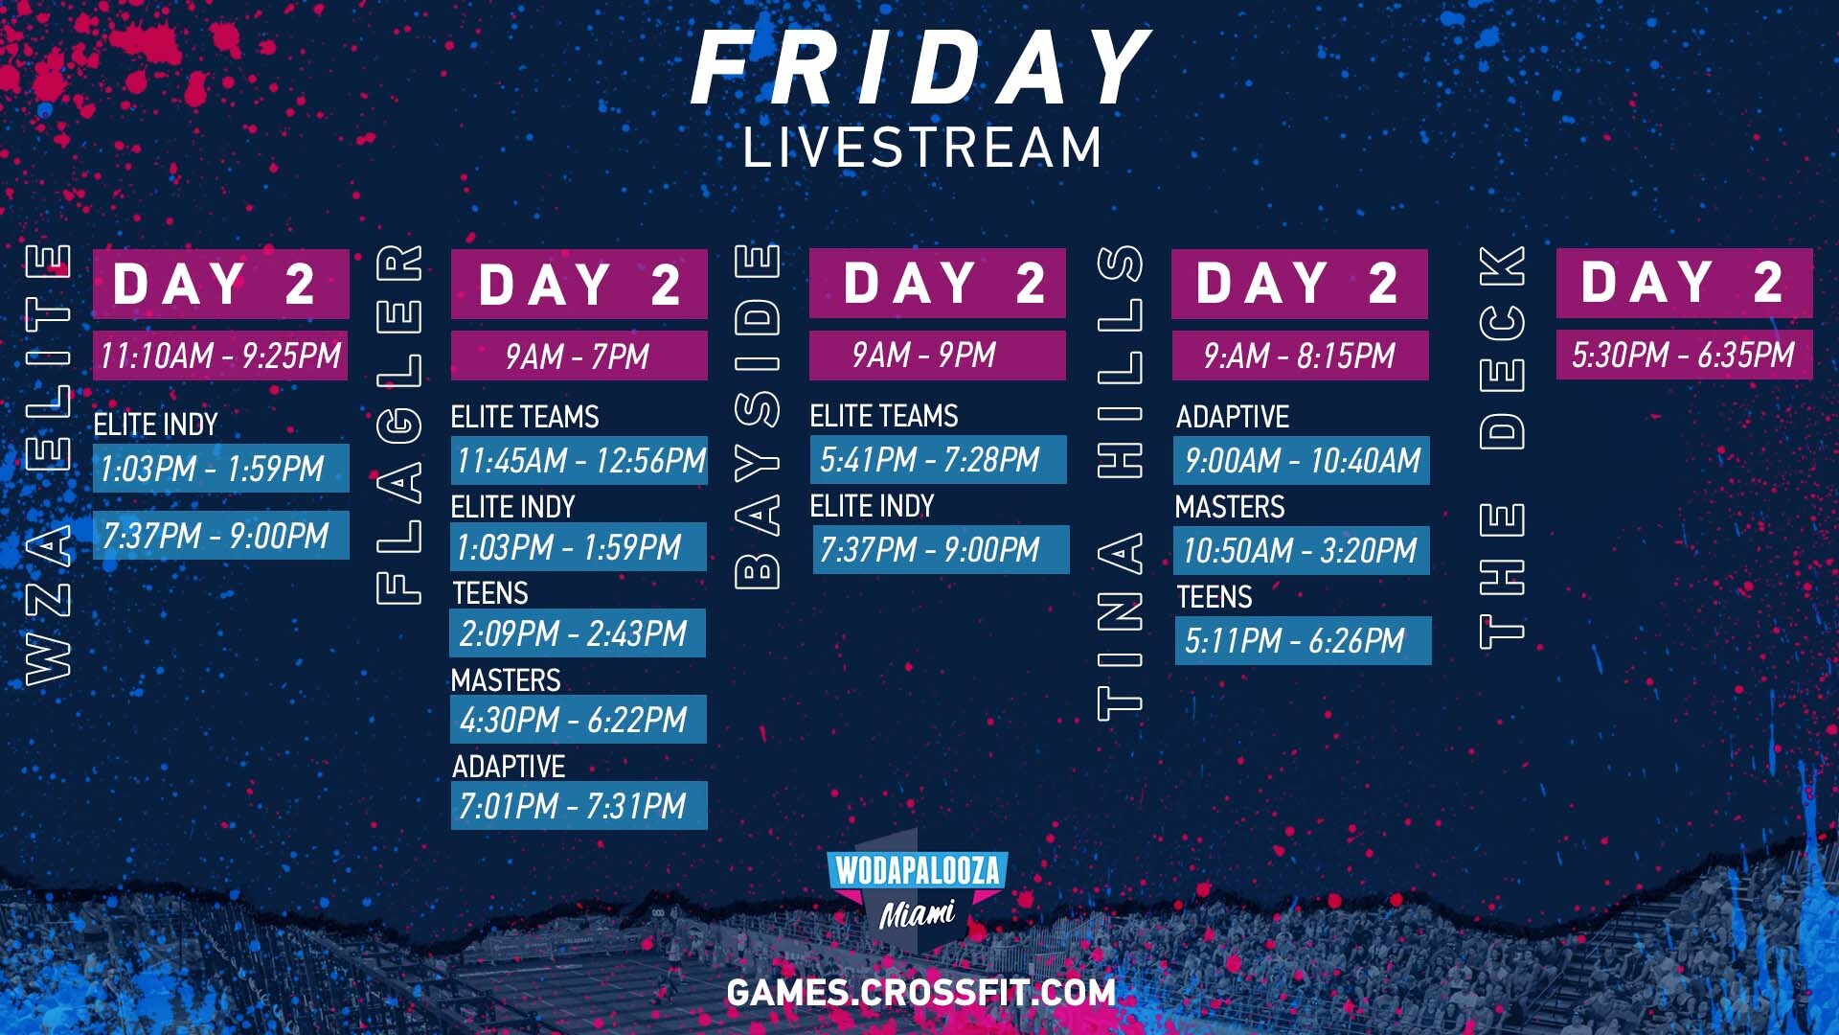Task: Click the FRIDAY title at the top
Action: pos(919,67)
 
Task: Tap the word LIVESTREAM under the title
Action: pos(922,148)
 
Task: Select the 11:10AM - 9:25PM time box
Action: pos(220,356)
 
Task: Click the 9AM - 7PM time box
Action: pos(579,356)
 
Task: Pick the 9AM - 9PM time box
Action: pos(937,355)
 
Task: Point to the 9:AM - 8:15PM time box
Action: pos(1300,356)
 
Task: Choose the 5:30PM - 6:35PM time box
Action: pos(1684,355)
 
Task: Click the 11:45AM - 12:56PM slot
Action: pos(579,460)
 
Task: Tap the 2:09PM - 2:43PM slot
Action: pos(578,632)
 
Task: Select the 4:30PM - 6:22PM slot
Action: pos(579,719)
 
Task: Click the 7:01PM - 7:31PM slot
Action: pos(579,805)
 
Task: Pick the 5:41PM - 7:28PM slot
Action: pos(938,459)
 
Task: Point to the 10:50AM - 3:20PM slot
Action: pos(1302,550)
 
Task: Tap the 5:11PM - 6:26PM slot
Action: pos(1303,640)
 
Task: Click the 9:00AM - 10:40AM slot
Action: pos(1302,460)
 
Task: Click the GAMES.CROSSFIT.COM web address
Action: pos(921,992)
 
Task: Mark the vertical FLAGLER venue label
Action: pos(399,424)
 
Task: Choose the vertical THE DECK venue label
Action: pos(1502,447)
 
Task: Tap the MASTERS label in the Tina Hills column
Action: pos(1230,507)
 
